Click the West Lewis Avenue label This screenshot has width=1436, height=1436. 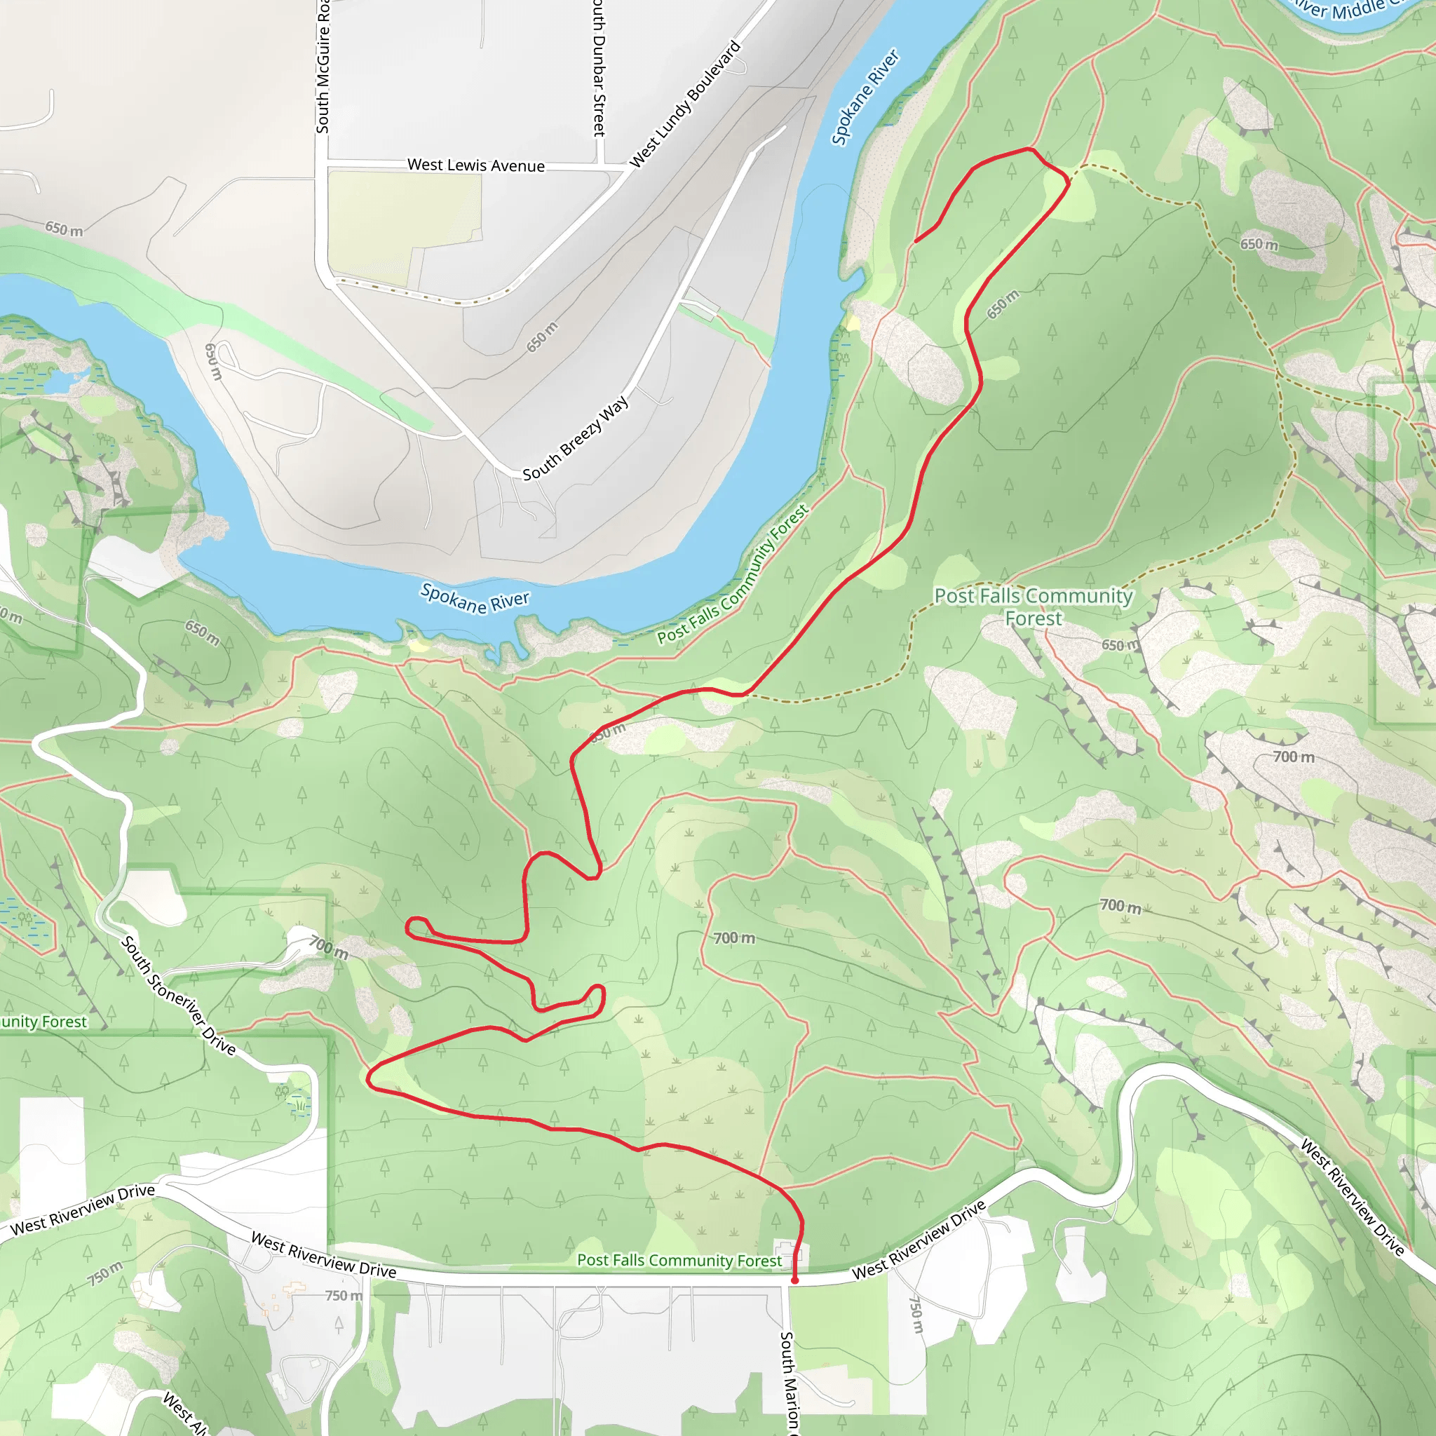[475, 165]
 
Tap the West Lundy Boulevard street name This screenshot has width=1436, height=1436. [685, 104]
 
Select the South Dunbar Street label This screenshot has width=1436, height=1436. [599, 69]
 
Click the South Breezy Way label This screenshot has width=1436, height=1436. [575, 438]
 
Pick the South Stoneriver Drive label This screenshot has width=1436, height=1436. [178, 995]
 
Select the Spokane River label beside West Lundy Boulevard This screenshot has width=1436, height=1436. [865, 97]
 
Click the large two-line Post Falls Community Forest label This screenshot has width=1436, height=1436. [1033, 607]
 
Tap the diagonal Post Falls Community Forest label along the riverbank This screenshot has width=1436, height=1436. [733, 574]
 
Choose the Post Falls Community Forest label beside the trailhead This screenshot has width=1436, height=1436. [679, 1261]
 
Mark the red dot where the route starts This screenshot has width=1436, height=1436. [794, 1280]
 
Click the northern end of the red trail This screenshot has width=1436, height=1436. [916, 241]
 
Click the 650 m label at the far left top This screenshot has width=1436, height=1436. [64, 228]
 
